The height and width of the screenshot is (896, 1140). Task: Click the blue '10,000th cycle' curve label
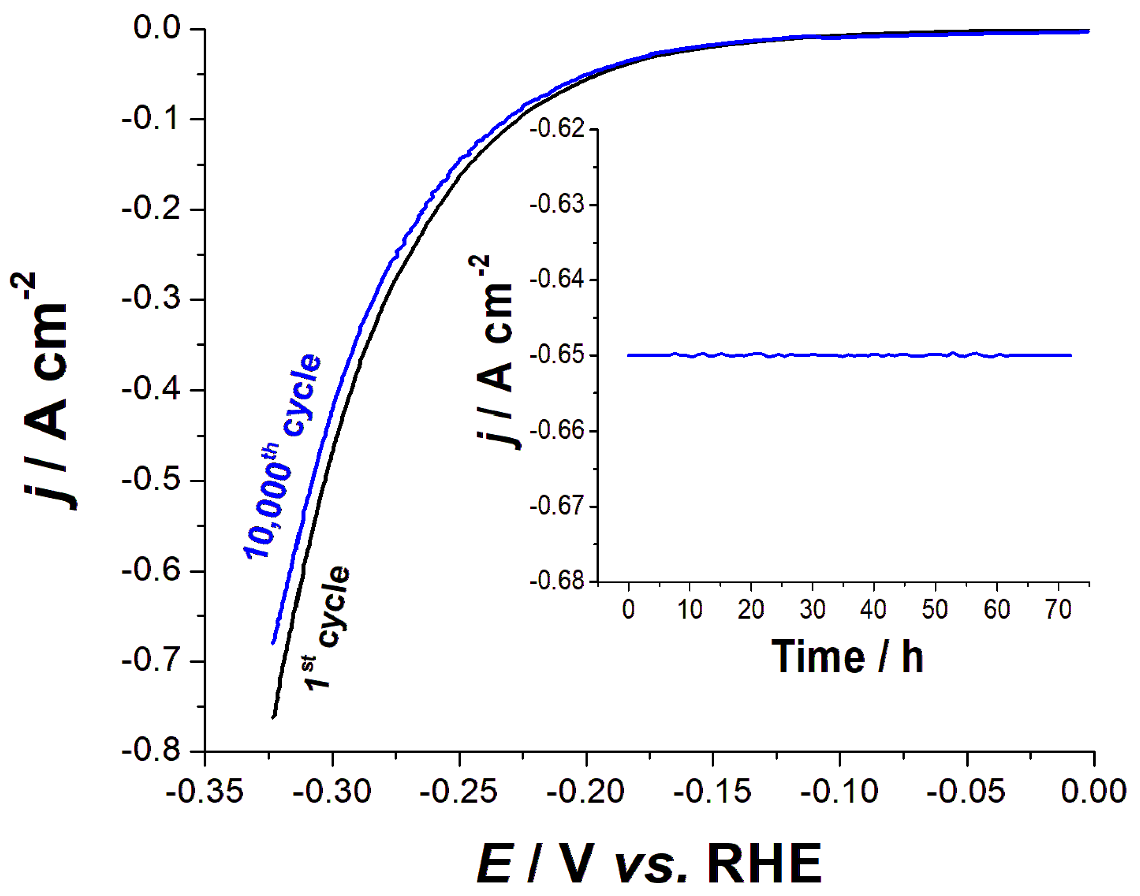pyautogui.click(x=282, y=456)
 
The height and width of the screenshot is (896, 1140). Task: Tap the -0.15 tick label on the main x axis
pyautogui.click(x=712, y=791)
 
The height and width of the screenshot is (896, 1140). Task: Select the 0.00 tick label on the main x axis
pyautogui.click(x=1093, y=791)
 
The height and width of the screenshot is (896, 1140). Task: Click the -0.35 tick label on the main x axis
pyautogui.click(x=204, y=791)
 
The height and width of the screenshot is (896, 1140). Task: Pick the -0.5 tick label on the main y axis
pyautogui.click(x=151, y=481)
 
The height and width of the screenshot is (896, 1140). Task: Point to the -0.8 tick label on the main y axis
pyautogui.click(x=151, y=751)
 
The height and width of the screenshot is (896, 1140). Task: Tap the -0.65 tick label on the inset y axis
pyautogui.click(x=557, y=355)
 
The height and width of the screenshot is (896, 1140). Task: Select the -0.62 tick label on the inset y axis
pyautogui.click(x=557, y=129)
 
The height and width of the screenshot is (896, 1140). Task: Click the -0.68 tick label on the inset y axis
pyautogui.click(x=557, y=581)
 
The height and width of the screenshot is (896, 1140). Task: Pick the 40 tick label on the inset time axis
pyautogui.click(x=873, y=610)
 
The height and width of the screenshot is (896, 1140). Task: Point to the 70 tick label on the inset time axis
pyautogui.click(x=1058, y=610)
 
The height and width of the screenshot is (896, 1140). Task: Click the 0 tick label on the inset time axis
pyautogui.click(x=628, y=610)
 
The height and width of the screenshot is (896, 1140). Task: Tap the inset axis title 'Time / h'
pyautogui.click(x=847, y=657)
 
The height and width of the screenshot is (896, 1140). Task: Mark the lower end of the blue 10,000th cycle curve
pyautogui.click(x=273, y=642)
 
